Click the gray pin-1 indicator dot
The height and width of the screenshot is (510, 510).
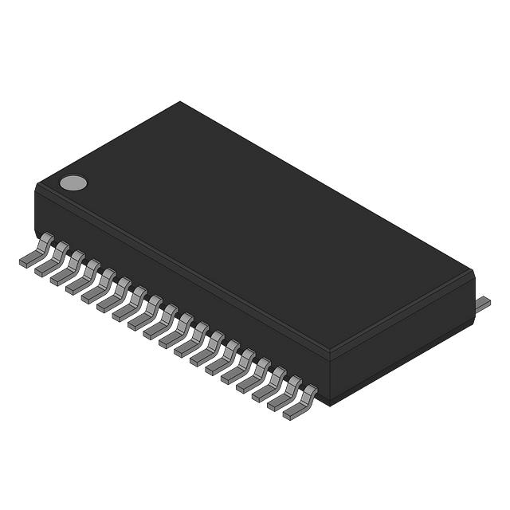[73, 183]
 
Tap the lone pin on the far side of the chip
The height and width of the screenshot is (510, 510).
[483, 303]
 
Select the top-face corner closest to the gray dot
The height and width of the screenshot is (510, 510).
[37, 185]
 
